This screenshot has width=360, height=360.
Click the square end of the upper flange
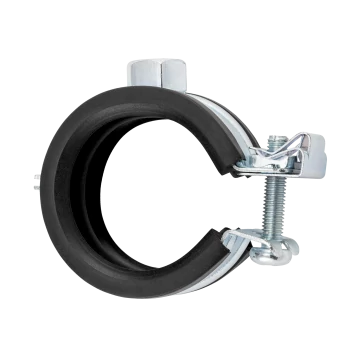306,165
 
